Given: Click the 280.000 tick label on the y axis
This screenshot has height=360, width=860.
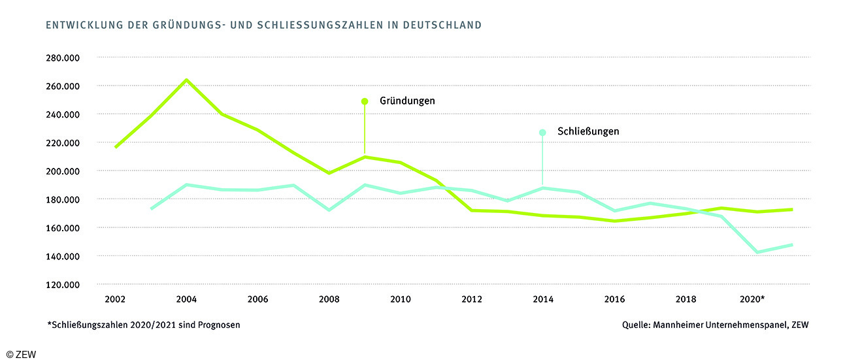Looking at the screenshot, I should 63,57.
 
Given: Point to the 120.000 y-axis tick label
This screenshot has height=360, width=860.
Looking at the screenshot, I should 63,284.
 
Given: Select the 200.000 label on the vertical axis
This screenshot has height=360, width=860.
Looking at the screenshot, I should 63,171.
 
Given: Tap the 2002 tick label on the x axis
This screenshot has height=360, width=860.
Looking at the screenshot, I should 115,299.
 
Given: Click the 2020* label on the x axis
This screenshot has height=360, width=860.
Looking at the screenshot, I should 752,299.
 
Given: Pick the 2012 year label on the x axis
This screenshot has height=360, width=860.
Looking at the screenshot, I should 472,299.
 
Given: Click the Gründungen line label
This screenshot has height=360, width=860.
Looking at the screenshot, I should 407,101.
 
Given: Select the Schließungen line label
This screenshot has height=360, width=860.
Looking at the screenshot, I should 588,131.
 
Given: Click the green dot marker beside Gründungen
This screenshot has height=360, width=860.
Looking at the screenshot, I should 365,101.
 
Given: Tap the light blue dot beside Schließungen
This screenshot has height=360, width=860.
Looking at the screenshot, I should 542,132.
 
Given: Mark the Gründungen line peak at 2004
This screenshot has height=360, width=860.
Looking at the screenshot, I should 186,80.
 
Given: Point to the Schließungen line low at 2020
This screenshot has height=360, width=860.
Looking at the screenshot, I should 757,252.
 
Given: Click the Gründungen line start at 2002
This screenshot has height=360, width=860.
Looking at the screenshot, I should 116,147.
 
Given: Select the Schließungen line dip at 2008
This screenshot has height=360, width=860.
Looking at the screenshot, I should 329,210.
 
